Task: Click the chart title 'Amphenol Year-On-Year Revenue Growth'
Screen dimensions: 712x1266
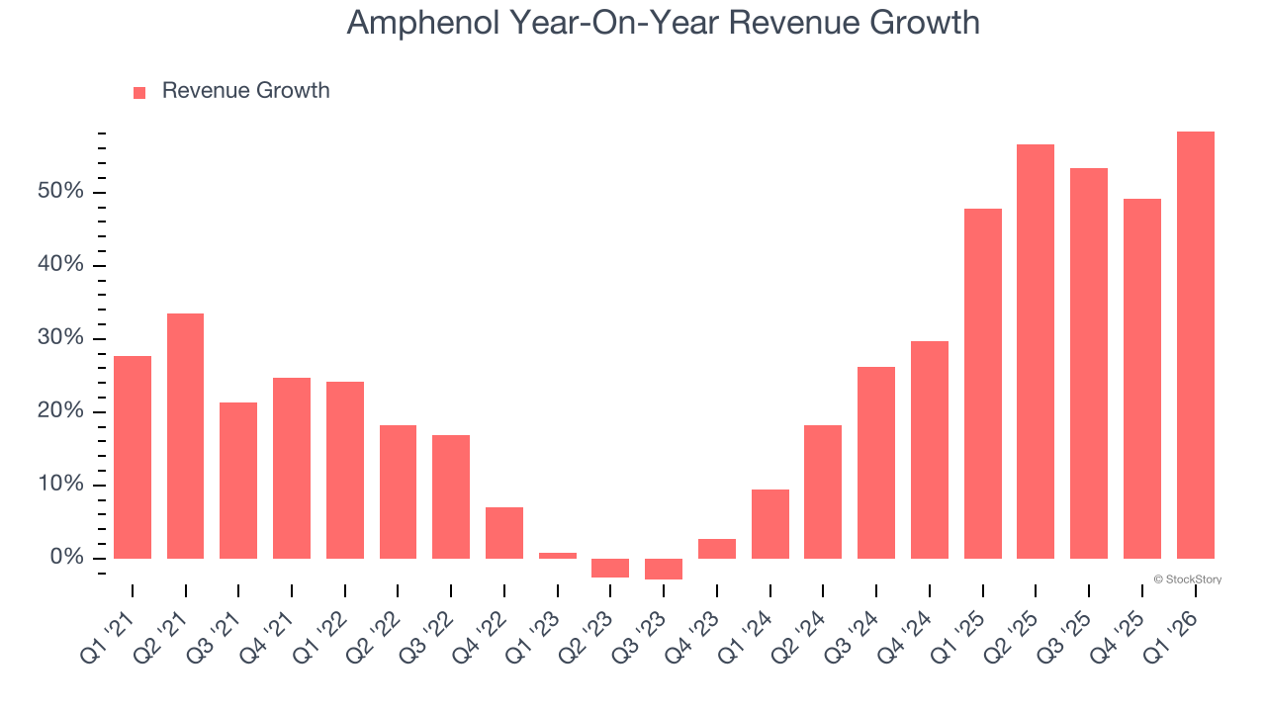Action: [663, 23]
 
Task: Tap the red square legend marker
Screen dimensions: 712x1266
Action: [139, 92]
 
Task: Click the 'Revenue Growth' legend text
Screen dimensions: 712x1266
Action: [245, 91]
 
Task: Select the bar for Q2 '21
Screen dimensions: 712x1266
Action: [185, 436]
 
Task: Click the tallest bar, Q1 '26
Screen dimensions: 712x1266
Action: [1195, 345]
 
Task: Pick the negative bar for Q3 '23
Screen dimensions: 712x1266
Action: [664, 569]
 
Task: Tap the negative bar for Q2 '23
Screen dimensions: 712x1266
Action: [610, 568]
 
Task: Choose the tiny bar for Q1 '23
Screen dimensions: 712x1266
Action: [558, 556]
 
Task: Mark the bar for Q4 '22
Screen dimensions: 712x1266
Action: [504, 533]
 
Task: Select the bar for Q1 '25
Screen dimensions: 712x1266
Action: [982, 384]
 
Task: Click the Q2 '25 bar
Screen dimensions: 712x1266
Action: [1036, 351]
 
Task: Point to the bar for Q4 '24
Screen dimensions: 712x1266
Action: [930, 450]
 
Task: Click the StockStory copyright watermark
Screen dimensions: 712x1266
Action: [1187, 579]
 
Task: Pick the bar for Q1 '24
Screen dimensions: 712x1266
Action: [769, 524]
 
